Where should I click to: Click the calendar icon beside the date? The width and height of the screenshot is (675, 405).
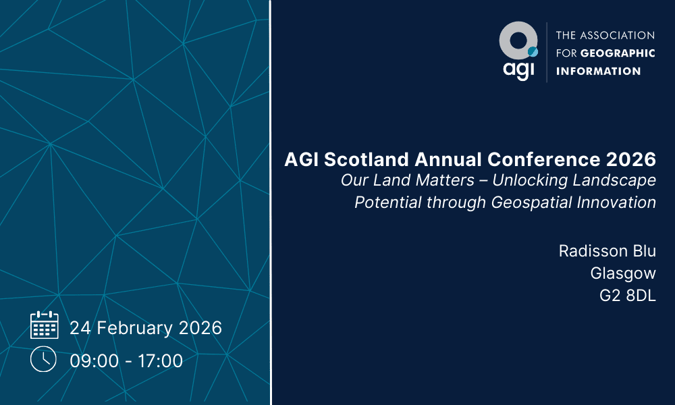tap(45, 325)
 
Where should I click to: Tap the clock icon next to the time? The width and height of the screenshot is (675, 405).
tap(43, 359)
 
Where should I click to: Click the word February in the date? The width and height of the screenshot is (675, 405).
tap(134, 328)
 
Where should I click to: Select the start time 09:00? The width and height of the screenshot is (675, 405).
tap(94, 360)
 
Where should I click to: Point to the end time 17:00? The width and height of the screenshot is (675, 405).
tap(160, 360)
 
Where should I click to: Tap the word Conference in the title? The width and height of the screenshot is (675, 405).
tap(543, 159)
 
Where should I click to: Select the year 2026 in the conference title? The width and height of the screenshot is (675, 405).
tap(631, 159)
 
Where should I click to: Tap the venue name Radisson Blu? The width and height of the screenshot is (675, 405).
tap(607, 251)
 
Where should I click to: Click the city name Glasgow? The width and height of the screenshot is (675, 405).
tap(623, 273)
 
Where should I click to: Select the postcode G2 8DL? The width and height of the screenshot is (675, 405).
tap(628, 296)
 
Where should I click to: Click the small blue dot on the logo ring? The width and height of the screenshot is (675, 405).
tap(533, 52)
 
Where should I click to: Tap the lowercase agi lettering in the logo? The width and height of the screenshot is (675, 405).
tap(518, 70)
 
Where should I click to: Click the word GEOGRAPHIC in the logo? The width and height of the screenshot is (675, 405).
tap(618, 53)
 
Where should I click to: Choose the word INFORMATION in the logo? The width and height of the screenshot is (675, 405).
tap(598, 71)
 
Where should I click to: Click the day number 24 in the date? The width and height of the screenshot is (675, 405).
tap(80, 328)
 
